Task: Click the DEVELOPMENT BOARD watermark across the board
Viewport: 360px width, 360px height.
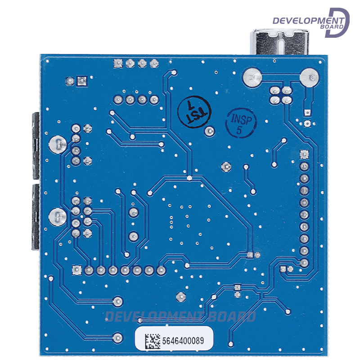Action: (180, 317)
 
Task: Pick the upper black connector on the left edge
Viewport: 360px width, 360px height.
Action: (34, 144)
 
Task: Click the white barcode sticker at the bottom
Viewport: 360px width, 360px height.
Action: (174, 341)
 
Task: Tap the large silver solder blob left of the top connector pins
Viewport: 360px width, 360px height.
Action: (252, 77)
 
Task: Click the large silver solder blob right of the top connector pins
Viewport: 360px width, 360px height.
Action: (310, 77)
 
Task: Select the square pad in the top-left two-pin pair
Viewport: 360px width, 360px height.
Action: (81, 81)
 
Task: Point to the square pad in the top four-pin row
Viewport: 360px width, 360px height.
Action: (118, 63)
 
